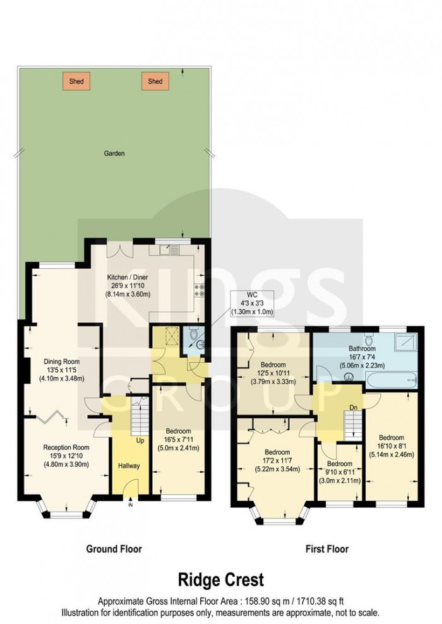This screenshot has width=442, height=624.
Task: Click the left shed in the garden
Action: [x=76, y=81]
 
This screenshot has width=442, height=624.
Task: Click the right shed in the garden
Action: [x=155, y=81]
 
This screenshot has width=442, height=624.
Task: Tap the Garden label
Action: [x=115, y=153]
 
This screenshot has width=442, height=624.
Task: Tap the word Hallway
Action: [x=129, y=466]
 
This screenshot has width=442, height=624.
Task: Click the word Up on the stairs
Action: [x=139, y=440]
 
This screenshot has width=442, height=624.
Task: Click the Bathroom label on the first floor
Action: [x=362, y=348]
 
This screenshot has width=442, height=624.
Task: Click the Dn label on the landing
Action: [x=353, y=408]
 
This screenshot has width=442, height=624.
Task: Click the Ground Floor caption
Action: [x=114, y=549]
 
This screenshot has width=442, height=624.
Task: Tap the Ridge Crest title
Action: [x=220, y=579]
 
